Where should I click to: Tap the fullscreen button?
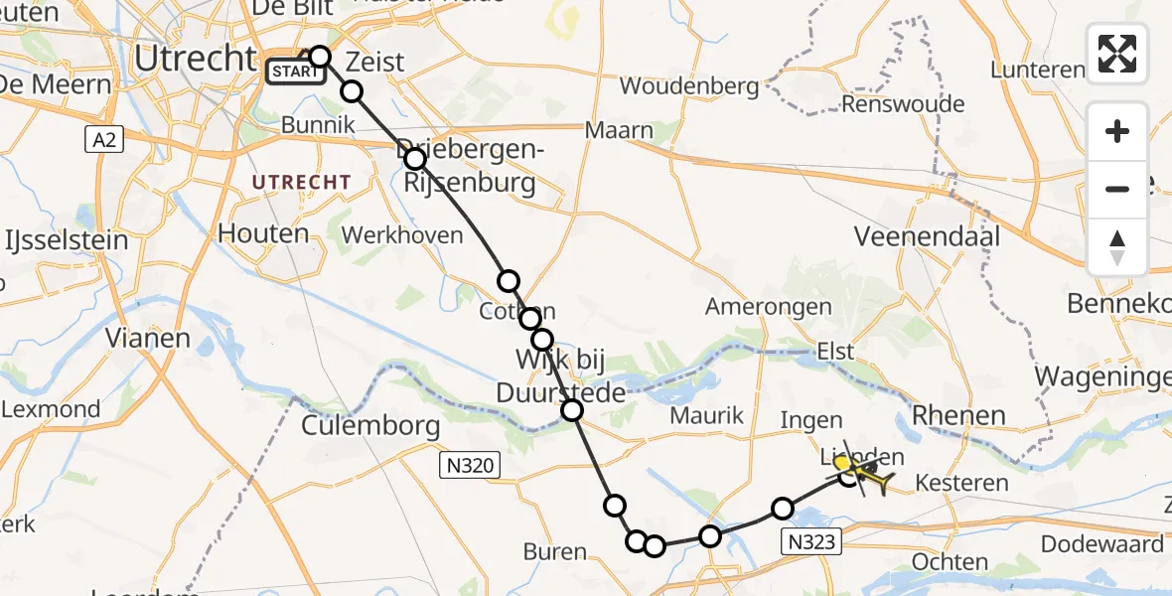click(1117, 54)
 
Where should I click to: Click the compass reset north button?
click(1117, 246)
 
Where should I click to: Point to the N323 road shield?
click(812, 541)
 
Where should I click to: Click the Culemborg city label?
click(370, 427)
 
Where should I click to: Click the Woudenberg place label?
click(689, 86)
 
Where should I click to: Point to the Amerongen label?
click(768, 307)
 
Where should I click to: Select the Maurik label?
click(706, 416)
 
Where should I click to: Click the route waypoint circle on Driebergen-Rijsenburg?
click(415, 159)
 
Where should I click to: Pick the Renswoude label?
click(902, 104)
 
